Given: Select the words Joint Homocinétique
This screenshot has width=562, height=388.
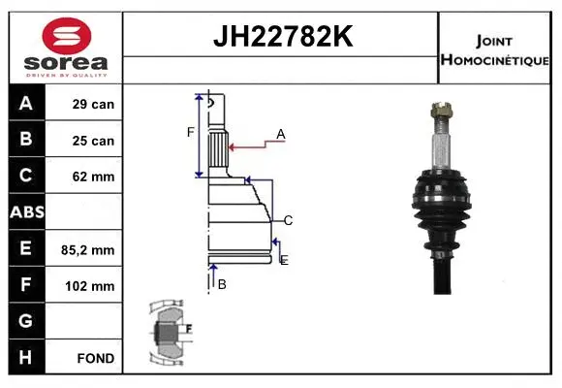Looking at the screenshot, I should pyautogui.click(x=495, y=48).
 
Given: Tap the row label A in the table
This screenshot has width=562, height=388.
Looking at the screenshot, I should pyautogui.click(x=25, y=104).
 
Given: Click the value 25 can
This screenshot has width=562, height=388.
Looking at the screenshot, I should pyautogui.click(x=94, y=141).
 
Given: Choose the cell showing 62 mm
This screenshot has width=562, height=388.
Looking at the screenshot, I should pyautogui.click(x=94, y=177).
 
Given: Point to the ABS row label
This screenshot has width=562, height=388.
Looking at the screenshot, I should pyautogui.click(x=26, y=212).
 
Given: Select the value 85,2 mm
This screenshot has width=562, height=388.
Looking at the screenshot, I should pyautogui.click(x=93, y=249).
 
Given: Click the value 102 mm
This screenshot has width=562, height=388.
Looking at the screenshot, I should pyautogui.click(x=94, y=286).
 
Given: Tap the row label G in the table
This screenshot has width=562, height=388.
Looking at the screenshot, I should pyautogui.click(x=25, y=321).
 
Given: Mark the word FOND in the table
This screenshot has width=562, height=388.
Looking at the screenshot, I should pyautogui.click(x=96, y=358).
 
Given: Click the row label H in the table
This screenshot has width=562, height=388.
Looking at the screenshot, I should pyautogui.click(x=25, y=357).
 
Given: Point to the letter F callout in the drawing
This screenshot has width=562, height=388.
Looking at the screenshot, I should pyautogui.click(x=191, y=132).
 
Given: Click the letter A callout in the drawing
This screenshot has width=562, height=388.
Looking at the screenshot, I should pyautogui.click(x=280, y=134).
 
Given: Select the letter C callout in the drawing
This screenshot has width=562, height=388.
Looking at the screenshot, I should pyautogui.click(x=288, y=220).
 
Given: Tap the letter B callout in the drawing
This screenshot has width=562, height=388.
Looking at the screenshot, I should pyautogui.click(x=222, y=284).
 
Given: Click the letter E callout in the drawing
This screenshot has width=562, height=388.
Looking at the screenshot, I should pyautogui.click(x=283, y=260).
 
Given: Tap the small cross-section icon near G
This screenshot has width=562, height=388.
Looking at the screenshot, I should pyautogui.click(x=171, y=332).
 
